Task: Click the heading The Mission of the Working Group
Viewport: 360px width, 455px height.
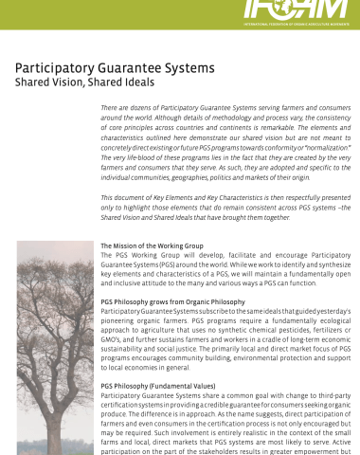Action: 152,246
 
